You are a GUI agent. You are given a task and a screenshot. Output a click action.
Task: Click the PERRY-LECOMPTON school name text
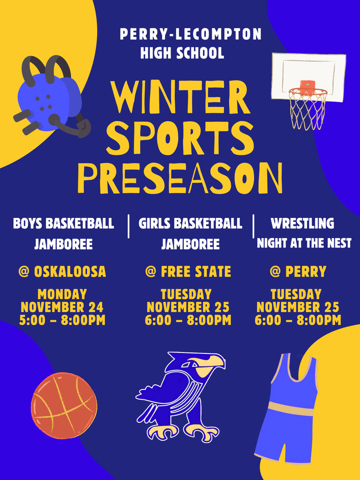tap(190, 35)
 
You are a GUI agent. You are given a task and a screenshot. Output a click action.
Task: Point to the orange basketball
tap(64, 405)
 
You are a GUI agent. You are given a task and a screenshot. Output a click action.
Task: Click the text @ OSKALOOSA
tap(62, 272)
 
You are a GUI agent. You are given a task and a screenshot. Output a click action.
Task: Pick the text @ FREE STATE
tap(188, 272)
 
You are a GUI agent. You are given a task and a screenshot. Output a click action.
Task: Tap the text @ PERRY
tap(298, 272)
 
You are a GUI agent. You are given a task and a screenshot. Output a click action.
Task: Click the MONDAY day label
tap(62, 294)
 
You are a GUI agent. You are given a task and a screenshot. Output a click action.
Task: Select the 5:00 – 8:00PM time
tap(62, 321)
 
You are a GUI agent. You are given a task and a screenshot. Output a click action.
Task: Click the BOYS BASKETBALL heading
tap(63, 224)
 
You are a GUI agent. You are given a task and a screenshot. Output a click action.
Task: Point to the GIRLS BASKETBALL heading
tap(190, 224)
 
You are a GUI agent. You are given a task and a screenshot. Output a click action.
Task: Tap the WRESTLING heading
tap(302, 224)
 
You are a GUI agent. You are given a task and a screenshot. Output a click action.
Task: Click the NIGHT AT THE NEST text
tap(304, 244)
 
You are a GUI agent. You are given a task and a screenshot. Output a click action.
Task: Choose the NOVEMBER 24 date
tap(62, 307)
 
